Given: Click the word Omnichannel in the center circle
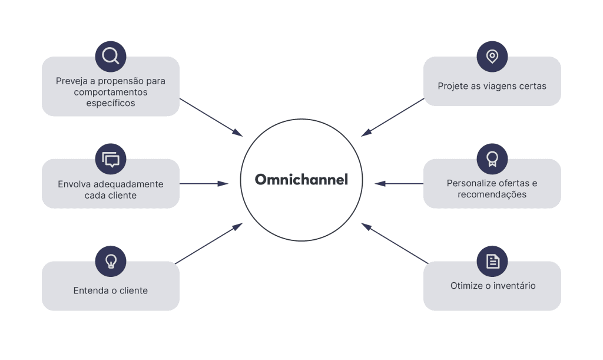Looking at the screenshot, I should [x=301, y=180].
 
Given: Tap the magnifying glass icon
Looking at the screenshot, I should [x=111, y=56].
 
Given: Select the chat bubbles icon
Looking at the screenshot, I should [x=111, y=159].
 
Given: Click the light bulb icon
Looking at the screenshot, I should [x=111, y=262].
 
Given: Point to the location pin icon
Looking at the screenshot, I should [x=492, y=56].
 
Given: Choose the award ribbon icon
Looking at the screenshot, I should [x=492, y=159].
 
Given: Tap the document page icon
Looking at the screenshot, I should [x=492, y=262].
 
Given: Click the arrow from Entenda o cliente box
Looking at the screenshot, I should [x=209, y=243].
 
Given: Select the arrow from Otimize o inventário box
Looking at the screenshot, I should [x=395, y=243].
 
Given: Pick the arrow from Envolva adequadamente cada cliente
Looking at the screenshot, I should [x=204, y=184].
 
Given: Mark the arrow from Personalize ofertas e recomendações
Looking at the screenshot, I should [x=399, y=184].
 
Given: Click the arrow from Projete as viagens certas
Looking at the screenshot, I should [x=393, y=117].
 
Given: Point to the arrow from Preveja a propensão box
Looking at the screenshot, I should [x=211, y=117].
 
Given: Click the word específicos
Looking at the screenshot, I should [x=111, y=103].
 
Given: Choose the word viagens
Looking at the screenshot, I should [x=493, y=86].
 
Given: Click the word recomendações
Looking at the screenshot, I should [x=492, y=194].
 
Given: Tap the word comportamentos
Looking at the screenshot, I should [x=111, y=93].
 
